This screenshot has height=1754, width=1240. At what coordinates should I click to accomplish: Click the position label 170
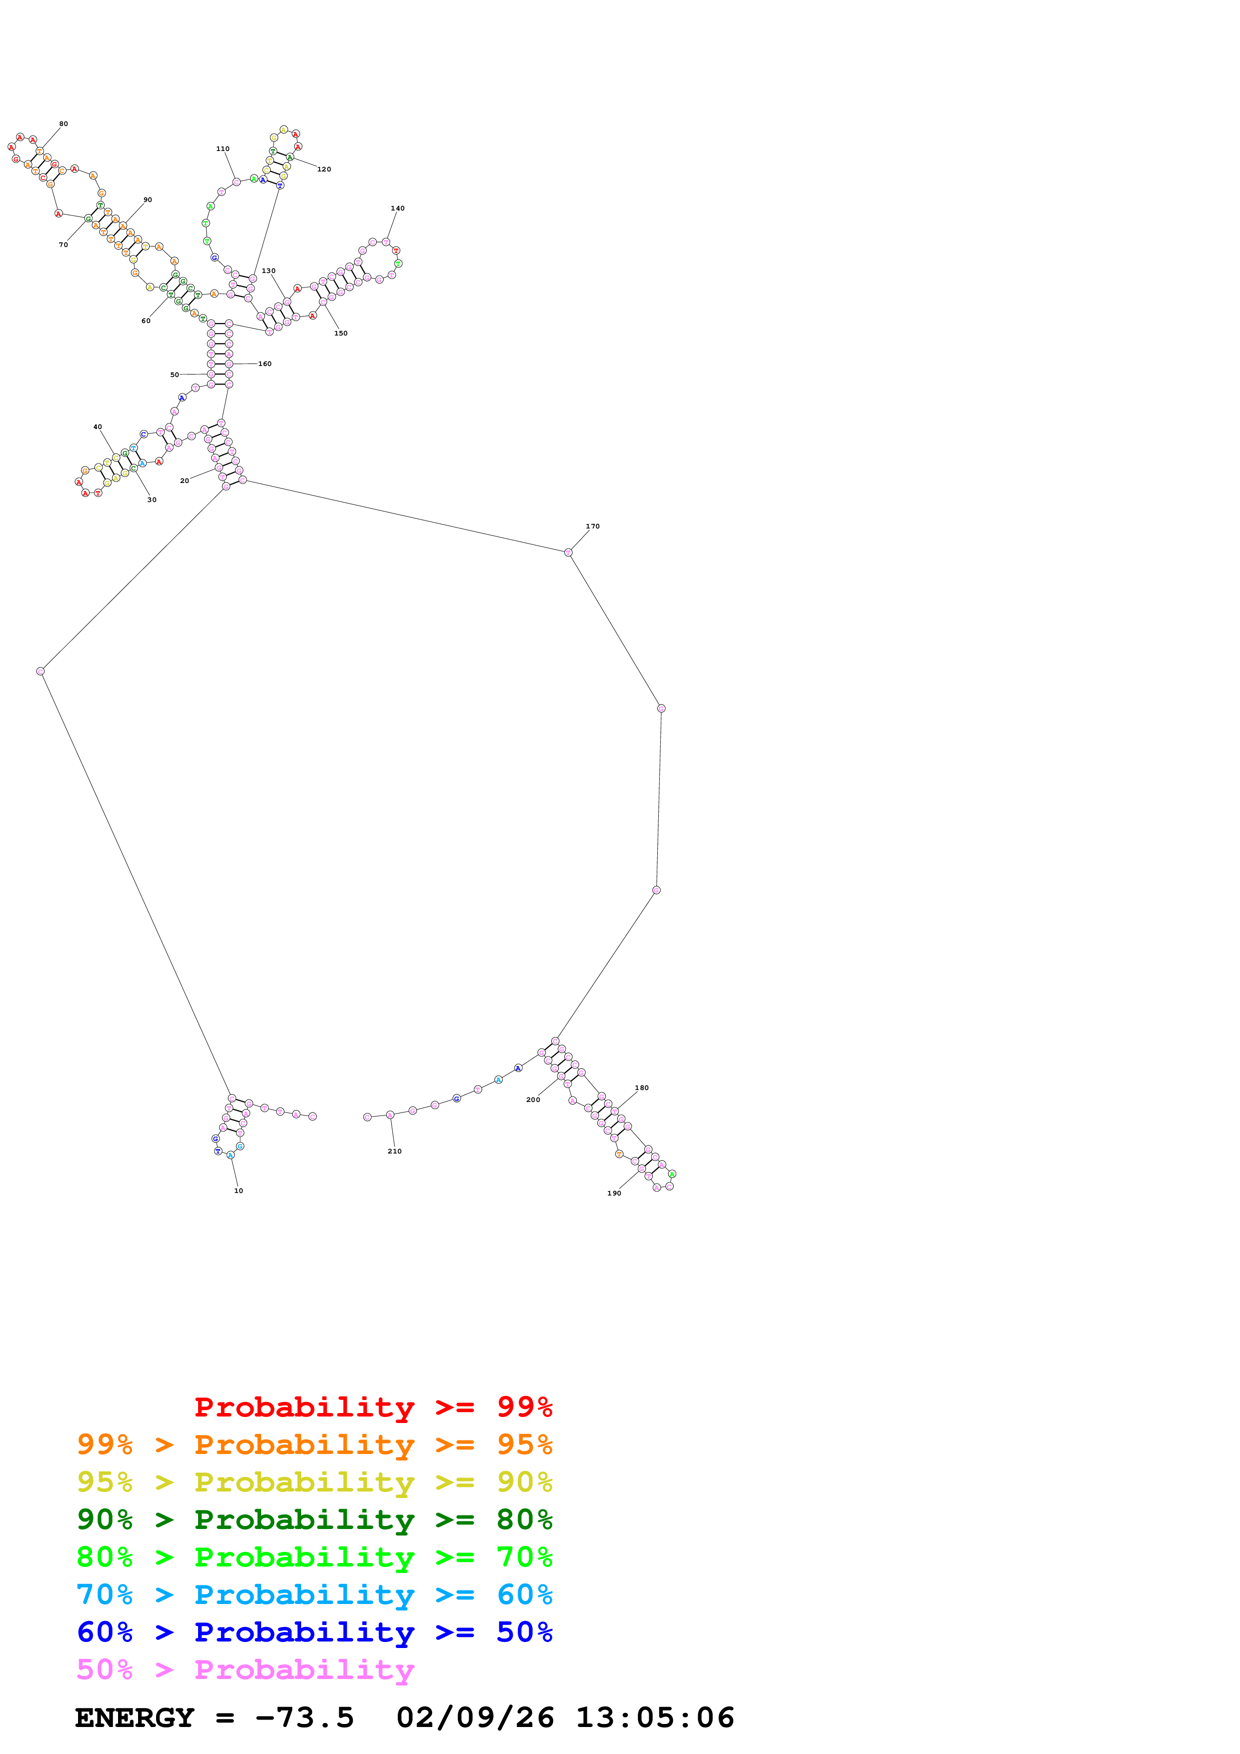coord(592,526)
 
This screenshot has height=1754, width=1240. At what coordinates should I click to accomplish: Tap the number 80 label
coord(64,124)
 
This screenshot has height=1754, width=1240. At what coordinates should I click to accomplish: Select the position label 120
coord(324,169)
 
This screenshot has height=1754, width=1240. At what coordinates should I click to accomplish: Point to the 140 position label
coord(397,208)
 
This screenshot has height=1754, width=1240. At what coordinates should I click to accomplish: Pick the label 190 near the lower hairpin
coord(614,1193)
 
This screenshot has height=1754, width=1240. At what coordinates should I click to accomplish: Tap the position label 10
coord(239,1191)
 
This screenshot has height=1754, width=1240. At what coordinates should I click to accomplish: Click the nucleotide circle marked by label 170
coord(568,552)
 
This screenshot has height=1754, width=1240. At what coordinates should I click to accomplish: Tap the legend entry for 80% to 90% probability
coord(314,1519)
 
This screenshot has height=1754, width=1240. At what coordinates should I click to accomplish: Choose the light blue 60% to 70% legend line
coord(314,1594)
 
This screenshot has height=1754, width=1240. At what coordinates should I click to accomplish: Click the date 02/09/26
coord(475,1718)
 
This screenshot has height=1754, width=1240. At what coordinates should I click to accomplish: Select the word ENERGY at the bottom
coord(135,1718)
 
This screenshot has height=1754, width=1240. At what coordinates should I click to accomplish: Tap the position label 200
coord(533,1100)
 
